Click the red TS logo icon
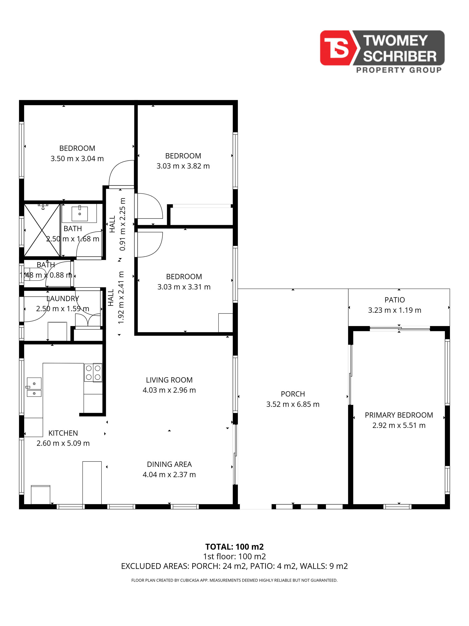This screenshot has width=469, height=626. coord(338,48)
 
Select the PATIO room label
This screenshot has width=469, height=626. coord(395,300)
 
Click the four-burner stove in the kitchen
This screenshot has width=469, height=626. coord(93,372)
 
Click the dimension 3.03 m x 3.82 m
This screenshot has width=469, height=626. coord(183,166)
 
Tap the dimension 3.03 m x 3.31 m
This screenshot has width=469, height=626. coord(184,287)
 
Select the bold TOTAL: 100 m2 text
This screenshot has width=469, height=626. coord(234,547)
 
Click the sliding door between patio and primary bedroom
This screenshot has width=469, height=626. coord(400,329)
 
